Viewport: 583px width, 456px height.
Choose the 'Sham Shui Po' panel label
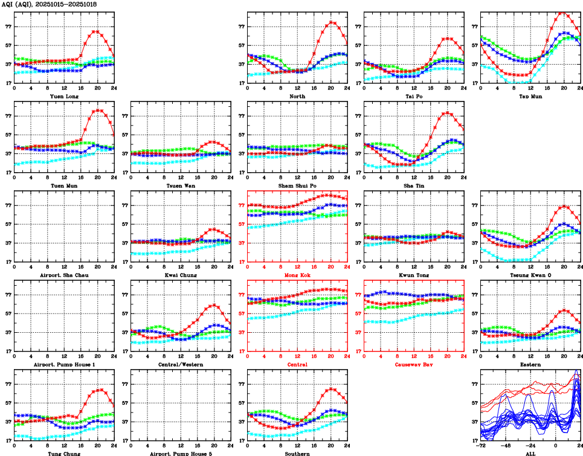click(x=297, y=185)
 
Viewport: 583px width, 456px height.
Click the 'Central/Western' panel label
click(x=181, y=364)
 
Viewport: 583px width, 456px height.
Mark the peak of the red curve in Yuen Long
click(x=95, y=31)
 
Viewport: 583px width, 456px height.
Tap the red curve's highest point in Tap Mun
click(x=561, y=11)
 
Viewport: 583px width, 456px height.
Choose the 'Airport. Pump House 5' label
click(x=181, y=453)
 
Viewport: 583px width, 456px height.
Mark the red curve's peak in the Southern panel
click(x=331, y=389)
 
